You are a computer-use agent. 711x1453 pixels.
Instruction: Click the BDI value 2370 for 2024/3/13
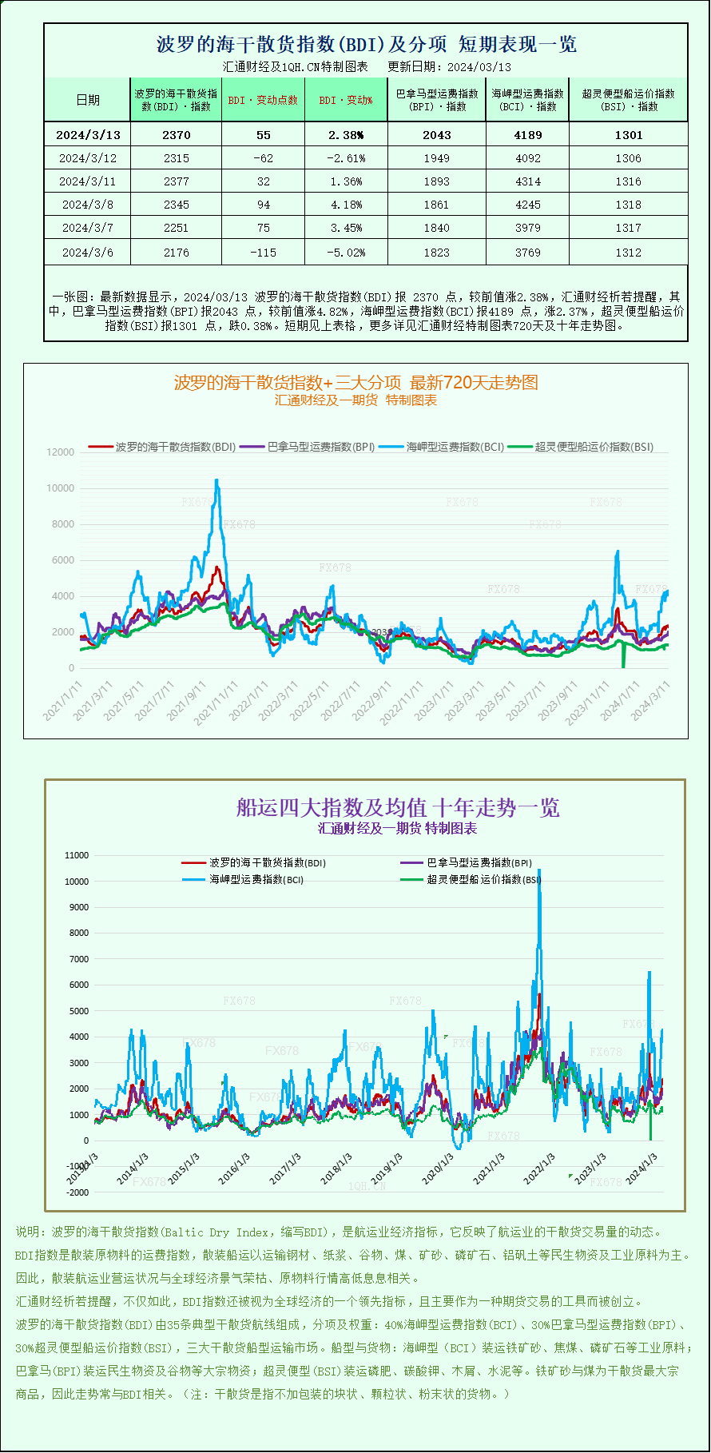click(176, 135)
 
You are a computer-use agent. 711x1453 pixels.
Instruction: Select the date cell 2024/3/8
click(87, 205)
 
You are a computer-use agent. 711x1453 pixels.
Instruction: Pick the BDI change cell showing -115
click(263, 253)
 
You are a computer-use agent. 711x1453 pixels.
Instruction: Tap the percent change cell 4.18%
click(345, 205)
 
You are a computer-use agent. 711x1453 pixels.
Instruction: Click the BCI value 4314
click(527, 181)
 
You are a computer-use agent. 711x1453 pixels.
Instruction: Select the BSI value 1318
click(628, 205)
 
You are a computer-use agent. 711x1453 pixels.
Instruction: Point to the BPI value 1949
click(436, 158)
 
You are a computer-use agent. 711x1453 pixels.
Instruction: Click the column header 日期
click(87, 100)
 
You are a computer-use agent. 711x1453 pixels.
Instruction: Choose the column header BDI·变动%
click(345, 100)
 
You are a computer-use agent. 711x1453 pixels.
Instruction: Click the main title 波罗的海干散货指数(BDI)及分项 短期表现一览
click(366, 45)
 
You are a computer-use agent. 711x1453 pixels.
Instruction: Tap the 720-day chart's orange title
click(355, 383)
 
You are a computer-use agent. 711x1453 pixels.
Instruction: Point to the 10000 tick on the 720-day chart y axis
click(61, 488)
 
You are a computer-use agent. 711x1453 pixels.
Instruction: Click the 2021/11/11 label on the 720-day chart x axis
click(218, 702)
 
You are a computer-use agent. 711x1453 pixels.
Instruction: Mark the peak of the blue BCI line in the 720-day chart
click(216, 480)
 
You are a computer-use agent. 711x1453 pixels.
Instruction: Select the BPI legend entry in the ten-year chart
click(478, 863)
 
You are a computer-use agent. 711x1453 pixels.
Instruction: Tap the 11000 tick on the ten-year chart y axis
click(77, 855)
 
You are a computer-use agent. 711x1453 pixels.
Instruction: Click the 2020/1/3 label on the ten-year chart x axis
click(437, 1169)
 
